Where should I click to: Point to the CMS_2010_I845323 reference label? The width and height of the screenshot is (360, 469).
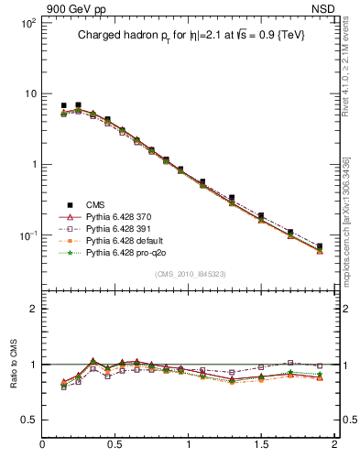(190, 274)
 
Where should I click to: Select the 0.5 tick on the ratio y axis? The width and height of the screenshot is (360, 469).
(27, 420)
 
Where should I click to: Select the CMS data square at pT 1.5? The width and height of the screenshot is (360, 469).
(261, 215)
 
